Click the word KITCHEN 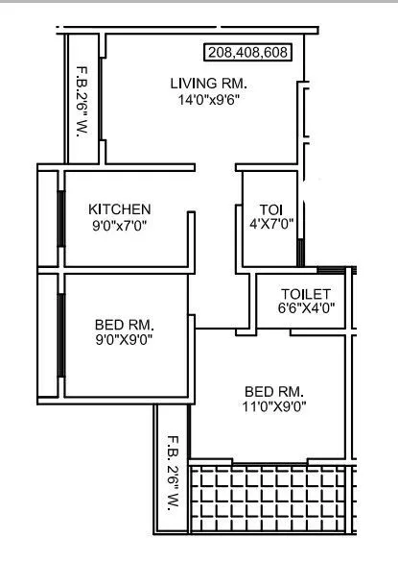click(120, 208)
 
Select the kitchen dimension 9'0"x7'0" click(120, 226)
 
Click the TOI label click(270, 209)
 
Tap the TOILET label click(306, 293)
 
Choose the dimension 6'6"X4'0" click(305, 309)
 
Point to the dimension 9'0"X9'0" click(125, 338)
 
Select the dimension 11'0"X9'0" click(275, 407)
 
